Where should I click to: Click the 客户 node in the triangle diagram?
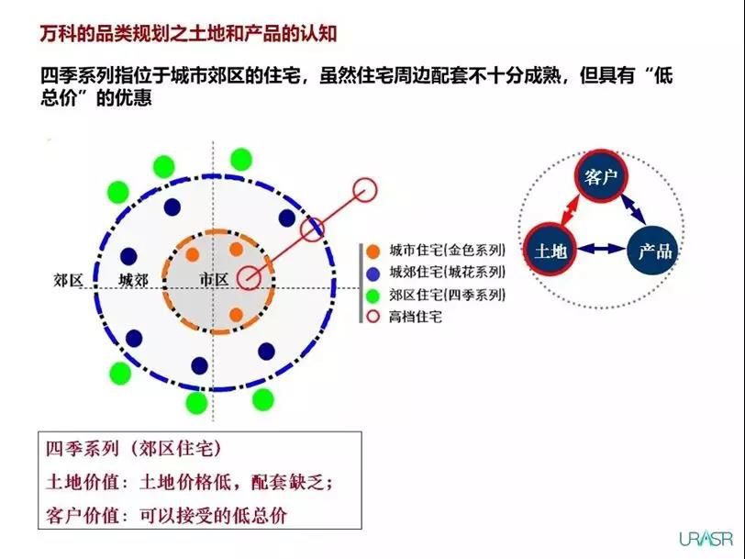tap(601, 176)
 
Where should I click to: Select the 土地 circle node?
tap(550, 249)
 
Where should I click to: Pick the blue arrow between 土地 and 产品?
tap(602, 248)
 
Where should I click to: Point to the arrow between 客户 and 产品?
tap(633, 207)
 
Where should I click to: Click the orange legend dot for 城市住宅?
tap(373, 251)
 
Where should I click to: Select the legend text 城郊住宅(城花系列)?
tap(447, 273)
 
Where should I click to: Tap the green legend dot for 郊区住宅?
tap(373, 296)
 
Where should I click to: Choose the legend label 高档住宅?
tap(416, 317)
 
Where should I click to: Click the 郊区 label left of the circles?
tap(69, 281)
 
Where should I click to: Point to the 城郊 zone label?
tap(134, 281)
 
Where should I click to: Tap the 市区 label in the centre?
tap(214, 279)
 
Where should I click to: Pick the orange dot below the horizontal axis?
tap(236, 314)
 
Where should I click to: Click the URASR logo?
tap(706, 538)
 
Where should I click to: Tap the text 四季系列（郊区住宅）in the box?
tap(134, 448)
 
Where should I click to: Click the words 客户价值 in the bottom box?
tap(83, 515)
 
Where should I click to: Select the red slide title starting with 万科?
tap(188, 34)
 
